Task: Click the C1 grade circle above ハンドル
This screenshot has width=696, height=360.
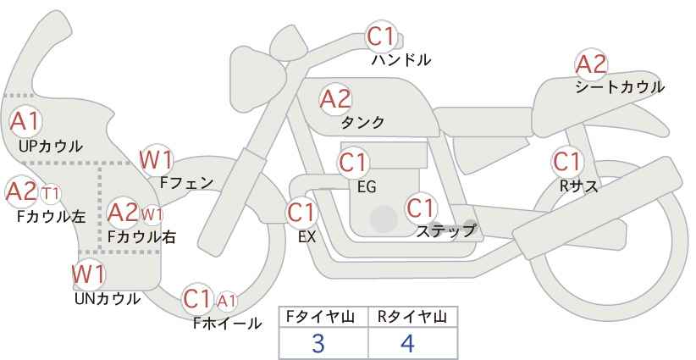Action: coord(380,36)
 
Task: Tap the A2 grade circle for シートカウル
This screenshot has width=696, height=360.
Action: coord(591,64)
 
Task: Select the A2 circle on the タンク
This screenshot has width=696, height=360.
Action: coord(335,99)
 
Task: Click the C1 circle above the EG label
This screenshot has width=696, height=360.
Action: coord(354,163)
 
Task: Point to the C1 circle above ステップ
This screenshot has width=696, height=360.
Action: coord(420,208)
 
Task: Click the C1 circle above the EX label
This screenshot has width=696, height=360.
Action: coord(301,212)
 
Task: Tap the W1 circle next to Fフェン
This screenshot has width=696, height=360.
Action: coord(157,159)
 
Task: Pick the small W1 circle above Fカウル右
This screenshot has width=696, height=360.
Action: coord(152,213)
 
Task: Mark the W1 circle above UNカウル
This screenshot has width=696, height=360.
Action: coord(88,274)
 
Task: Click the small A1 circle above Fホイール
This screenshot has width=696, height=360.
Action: coord(227,300)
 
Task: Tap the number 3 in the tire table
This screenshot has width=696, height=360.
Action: coord(318,343)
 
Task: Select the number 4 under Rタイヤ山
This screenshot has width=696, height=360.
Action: coord(408,343)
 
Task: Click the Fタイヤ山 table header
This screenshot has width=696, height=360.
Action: coord(323,316)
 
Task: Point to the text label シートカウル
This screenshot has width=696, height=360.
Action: coord(619,86)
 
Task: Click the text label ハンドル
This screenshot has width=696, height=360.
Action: coord(401,60)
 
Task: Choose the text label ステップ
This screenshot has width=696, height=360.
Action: coord(445,230)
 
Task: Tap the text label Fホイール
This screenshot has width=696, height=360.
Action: coord(227,323)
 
